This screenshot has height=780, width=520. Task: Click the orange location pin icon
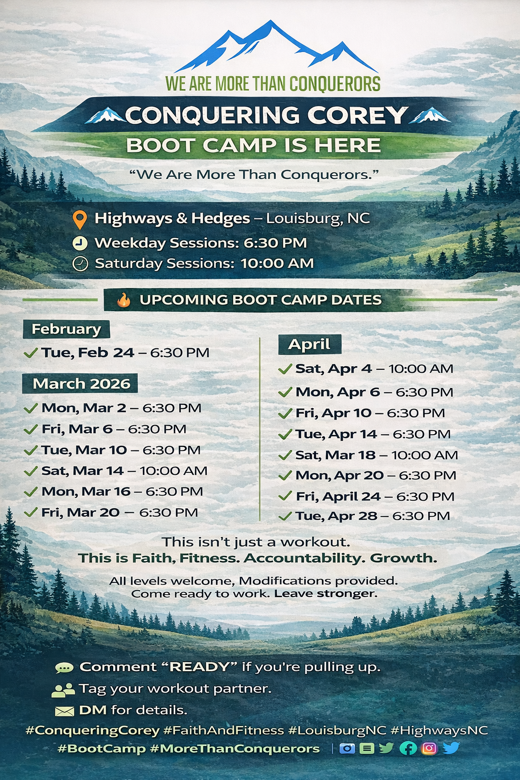click(80, 219)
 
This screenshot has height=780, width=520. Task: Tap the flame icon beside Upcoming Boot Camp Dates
click(123, 300)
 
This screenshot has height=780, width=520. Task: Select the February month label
click(66, 329)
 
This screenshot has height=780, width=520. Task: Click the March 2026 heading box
click(80, 383)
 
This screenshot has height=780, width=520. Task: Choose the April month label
click(309, 344)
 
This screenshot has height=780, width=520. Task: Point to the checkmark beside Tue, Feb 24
click(30, 353)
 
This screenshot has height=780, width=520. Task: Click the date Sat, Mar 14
click(83, 471)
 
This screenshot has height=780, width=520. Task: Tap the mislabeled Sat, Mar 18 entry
click(376, 455)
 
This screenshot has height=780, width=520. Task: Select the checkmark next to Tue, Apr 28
click(285, 516)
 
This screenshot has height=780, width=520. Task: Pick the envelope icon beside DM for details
click(65, 711)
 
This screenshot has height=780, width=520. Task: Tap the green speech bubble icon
click(64, 668)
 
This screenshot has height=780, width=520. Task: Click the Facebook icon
click(408, 748)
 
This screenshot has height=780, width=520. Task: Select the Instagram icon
click(429, 748)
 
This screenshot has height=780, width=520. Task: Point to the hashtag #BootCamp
click(102, 749)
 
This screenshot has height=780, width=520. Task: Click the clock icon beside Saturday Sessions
click(80, 264)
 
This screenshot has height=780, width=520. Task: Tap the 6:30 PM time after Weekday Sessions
click(275, 243)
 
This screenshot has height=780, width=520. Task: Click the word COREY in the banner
click(358, 115)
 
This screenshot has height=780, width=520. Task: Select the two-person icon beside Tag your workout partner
click(63, 690)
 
